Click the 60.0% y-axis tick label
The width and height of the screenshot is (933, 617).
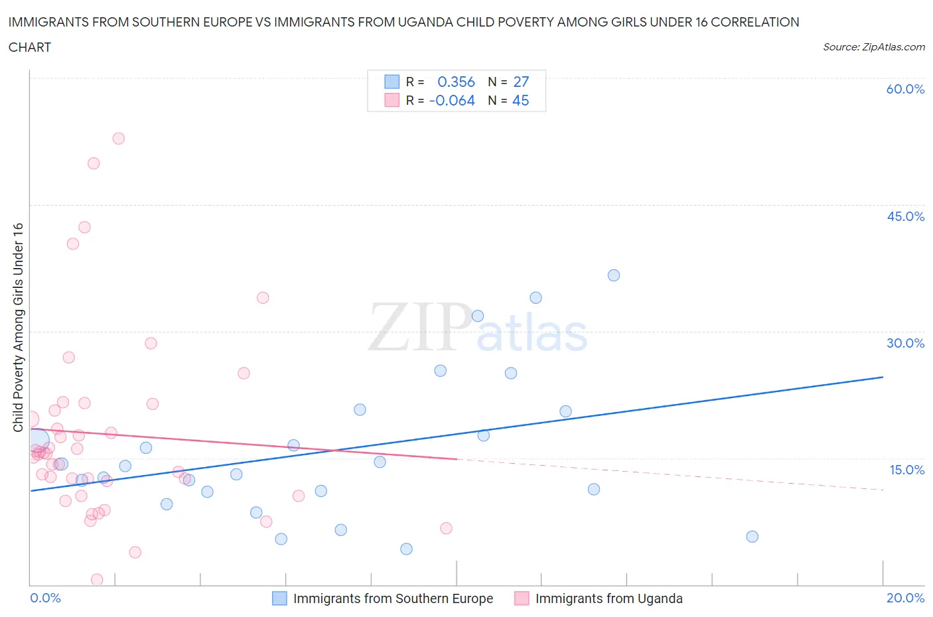tap(905, 89)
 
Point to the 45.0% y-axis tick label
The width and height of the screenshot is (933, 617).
tap(905, 216)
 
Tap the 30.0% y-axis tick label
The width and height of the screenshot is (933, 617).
tap(905, 343)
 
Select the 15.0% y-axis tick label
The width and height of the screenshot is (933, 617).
tap(906, 470)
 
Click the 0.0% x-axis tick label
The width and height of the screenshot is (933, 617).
tap(45, 598)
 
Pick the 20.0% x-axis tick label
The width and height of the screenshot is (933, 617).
tap(905, 598)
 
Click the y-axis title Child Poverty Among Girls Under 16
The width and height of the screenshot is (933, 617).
tap(19, 327)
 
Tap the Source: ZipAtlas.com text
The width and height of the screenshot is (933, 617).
tap(873, 47)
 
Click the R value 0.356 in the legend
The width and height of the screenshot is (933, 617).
tap(456, 82)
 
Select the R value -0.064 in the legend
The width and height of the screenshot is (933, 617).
tap(452, 100)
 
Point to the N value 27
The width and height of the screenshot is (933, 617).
tap(521, 82)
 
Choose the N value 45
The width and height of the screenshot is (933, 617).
tap(521, 100)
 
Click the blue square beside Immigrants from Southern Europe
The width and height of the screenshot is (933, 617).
tap(280, 598)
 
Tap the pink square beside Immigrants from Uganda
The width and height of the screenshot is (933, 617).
tap(522, 598)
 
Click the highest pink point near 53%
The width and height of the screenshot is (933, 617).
tap(118, 139)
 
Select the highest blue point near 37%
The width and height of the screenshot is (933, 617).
tap(614, 275)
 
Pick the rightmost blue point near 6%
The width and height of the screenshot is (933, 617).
tap(752, 537)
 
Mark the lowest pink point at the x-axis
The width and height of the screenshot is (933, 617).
tap(97, 580)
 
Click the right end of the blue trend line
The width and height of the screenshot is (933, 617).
tap(883, 377)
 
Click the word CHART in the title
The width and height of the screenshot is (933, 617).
tap(30, 47)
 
